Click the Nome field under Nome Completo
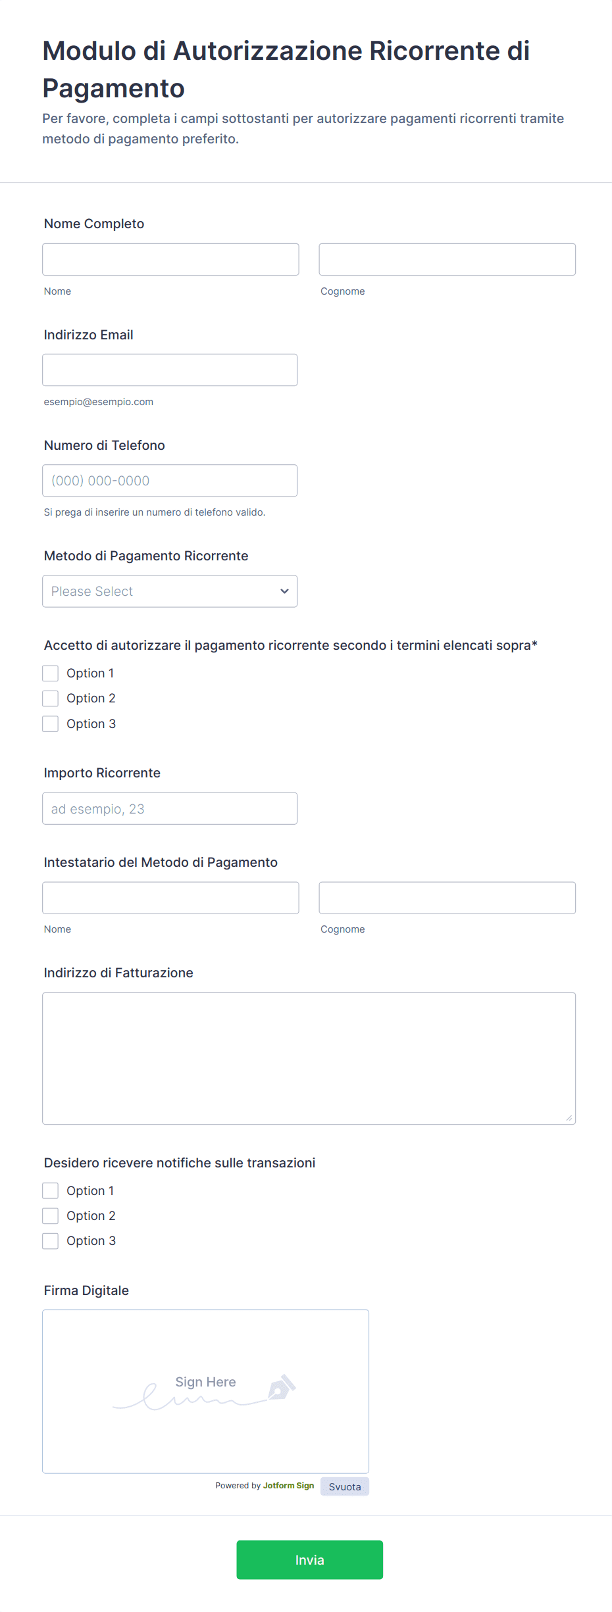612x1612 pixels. point(170,259)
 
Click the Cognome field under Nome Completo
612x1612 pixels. point(447,259)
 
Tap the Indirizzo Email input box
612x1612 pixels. point(170,370)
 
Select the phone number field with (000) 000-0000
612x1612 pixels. point(170,480)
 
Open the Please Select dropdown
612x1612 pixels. point(170,591)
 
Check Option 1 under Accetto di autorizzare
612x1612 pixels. point(51,673)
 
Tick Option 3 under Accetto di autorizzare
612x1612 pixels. point(51,723)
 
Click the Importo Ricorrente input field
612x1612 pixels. point(170,808)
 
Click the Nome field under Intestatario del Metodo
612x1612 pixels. point(170,898)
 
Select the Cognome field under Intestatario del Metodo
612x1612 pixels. point(447,898)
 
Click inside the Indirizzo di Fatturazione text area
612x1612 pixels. point(309,1058)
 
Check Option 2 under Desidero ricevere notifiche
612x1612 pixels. point(51,1215)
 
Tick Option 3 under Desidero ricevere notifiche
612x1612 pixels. point(51,1240)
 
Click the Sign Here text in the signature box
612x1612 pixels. point(205,1382)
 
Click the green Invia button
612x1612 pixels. point(309,1559)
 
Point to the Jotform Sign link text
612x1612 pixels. point(288,1485)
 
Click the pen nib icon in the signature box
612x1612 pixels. point(281,1388)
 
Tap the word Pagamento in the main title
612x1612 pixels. point(114,88)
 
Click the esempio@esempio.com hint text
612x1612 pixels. point(99,402)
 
